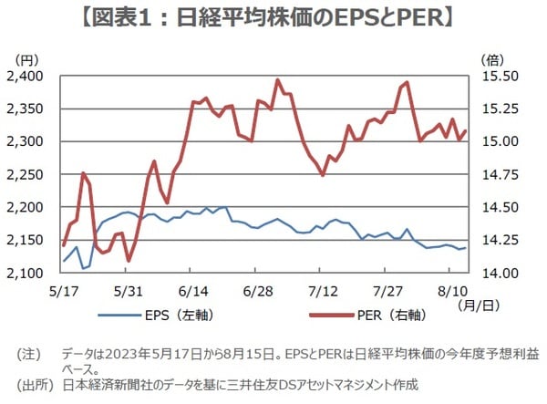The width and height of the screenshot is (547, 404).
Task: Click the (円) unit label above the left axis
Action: (43, 59)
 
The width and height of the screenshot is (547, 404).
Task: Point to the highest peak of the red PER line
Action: (276, 80)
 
